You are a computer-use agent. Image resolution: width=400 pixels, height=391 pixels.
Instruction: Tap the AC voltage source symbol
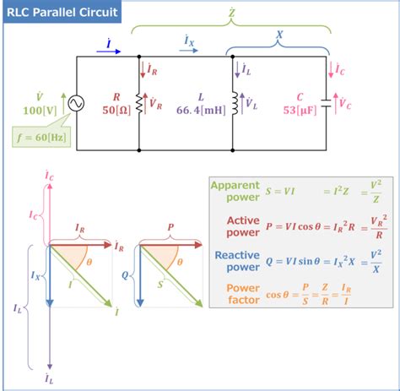(x=76, y=104)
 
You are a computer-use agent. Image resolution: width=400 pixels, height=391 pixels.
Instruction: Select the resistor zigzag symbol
(x=138, y=103)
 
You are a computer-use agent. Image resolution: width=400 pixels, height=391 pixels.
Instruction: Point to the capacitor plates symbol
(x=326, y=104)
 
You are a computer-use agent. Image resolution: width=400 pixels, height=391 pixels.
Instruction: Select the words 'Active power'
(x=242, y=226)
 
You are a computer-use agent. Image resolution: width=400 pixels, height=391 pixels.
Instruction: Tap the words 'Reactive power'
(x=237, y=261)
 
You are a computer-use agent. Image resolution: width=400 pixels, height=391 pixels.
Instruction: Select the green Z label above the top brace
(x=231, y=15)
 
